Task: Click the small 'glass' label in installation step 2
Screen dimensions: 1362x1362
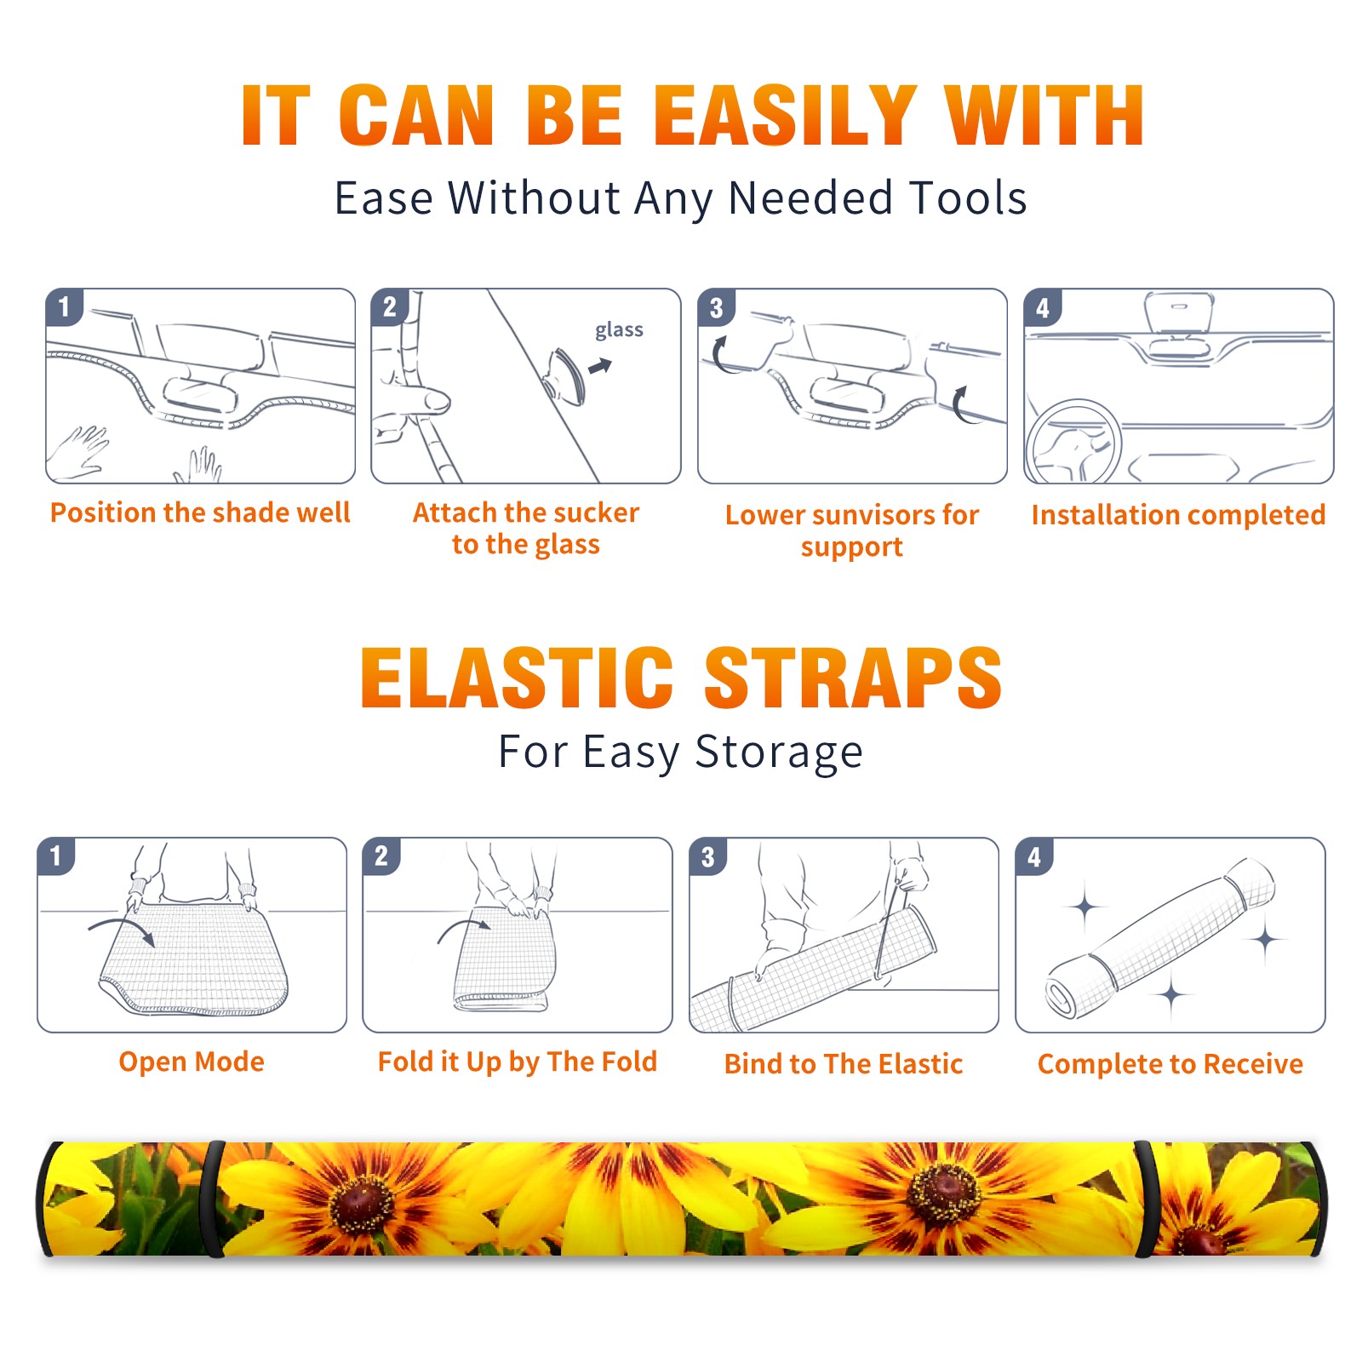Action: coord(619,330)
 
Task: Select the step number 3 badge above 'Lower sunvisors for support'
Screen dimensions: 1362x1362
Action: coord(716,307)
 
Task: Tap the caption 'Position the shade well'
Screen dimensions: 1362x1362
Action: coord(200,512)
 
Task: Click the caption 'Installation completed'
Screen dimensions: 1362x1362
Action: coord(1178,515)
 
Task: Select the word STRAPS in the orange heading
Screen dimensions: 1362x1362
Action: coord(853,678)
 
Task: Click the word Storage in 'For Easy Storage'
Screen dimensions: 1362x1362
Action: coord(779,753)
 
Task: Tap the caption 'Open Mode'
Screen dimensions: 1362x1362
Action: coord(192,1062)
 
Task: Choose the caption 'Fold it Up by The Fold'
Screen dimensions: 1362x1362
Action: coord(518,1062)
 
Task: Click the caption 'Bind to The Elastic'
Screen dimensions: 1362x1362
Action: coord(844,1064)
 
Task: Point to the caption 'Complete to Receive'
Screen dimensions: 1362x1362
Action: coord(1170,1064)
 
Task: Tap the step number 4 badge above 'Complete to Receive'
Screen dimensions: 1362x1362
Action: coord(1034,856)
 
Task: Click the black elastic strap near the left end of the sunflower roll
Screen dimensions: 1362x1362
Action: coord(212,1199)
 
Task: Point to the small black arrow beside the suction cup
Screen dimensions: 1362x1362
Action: coord(600,366)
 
